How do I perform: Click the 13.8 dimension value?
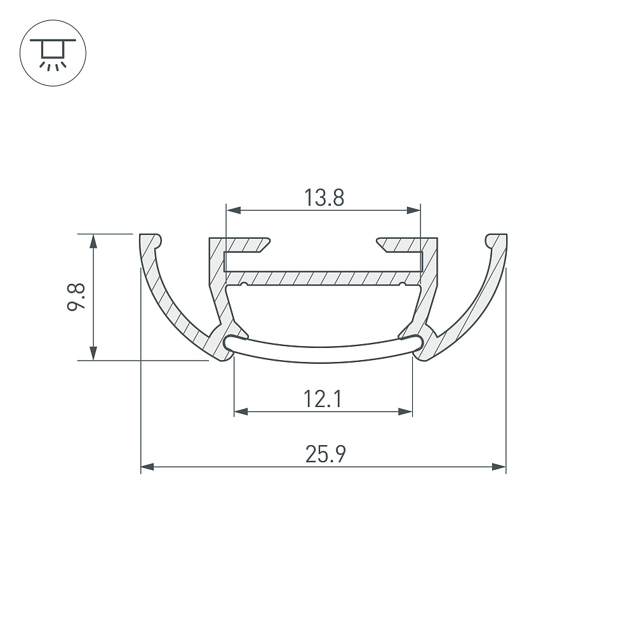tap(324, 198)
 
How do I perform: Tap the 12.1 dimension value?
tap(323, 399)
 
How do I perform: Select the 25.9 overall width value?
tap(326, 454)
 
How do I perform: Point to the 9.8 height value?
tap(76, 297)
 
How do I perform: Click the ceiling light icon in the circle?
tap(53, 53)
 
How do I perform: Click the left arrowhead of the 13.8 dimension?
tap(234, 210)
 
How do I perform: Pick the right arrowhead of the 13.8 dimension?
tap(413, 210)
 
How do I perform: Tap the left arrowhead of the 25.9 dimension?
tap(148, 467)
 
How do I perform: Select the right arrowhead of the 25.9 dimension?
tap(498, 467)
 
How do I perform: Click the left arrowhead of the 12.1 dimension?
tap(241, 412)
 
